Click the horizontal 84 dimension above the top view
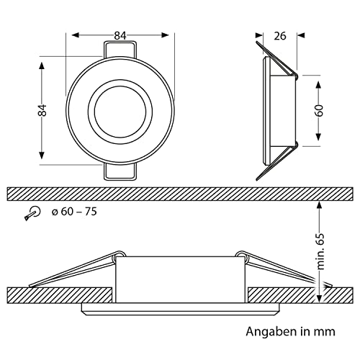[120, 36]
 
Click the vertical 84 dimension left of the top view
[42, 110]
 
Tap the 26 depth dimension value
[280, 36]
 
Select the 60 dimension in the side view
[319, 111]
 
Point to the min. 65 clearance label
[320, 251]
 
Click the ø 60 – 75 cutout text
[74, 212]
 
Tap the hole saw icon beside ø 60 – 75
[32, 213]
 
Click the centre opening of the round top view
[120, 112]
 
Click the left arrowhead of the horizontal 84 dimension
[76, 35]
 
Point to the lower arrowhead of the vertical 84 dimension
[42, 155]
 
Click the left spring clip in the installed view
[77, 269]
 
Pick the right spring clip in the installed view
[283, 269]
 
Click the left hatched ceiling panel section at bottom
[60, 295]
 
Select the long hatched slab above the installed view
[180, 194]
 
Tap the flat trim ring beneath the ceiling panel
[180, 309]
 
